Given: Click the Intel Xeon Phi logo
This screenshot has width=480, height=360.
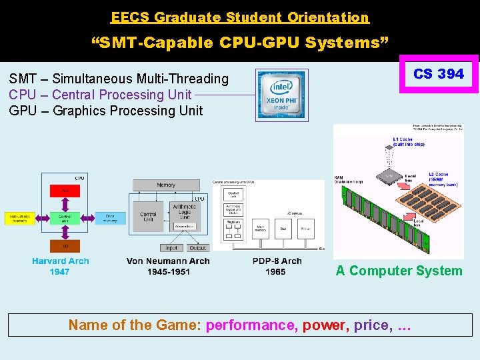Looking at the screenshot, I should tap(281, 95).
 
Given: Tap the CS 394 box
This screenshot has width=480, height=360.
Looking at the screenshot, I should tap(438, 74).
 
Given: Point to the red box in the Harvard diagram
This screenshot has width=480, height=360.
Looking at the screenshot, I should tap(65, 191).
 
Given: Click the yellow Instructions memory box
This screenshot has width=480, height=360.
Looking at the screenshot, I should tap(21, 218).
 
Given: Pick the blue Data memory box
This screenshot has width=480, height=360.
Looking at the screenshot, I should tap(109, 218).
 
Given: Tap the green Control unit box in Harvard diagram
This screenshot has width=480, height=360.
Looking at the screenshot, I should tap(65, 218).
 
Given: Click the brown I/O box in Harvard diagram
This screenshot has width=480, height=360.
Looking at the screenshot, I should tap(65, 246).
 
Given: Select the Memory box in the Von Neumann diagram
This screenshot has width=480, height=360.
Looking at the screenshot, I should tap(166, 185).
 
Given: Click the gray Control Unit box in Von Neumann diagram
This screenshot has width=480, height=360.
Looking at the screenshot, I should tap(148, 217).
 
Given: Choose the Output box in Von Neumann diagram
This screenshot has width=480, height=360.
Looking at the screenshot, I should tap(197, 248).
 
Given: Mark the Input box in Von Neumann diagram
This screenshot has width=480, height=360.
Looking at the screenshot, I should tap(171, 248).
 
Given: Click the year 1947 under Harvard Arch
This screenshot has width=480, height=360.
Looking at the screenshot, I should tap(59, 271).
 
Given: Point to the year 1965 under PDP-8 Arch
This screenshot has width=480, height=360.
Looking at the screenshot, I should tap(275, 271).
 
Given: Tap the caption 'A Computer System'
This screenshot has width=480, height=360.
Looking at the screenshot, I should tap(399, 271).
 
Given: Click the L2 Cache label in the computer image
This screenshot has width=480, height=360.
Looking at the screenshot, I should tap(440, 175).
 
